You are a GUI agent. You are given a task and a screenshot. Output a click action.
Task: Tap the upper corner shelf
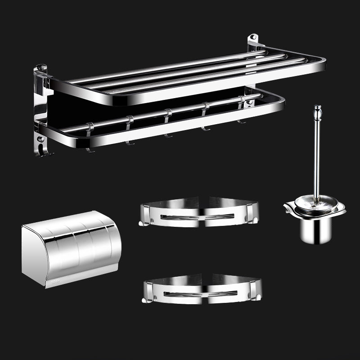click(x=199, y=213)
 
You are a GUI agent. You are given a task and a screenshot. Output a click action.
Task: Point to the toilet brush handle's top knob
click(x=318, y=109)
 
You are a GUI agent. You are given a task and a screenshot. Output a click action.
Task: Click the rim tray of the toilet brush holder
click(x=315, y=208)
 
